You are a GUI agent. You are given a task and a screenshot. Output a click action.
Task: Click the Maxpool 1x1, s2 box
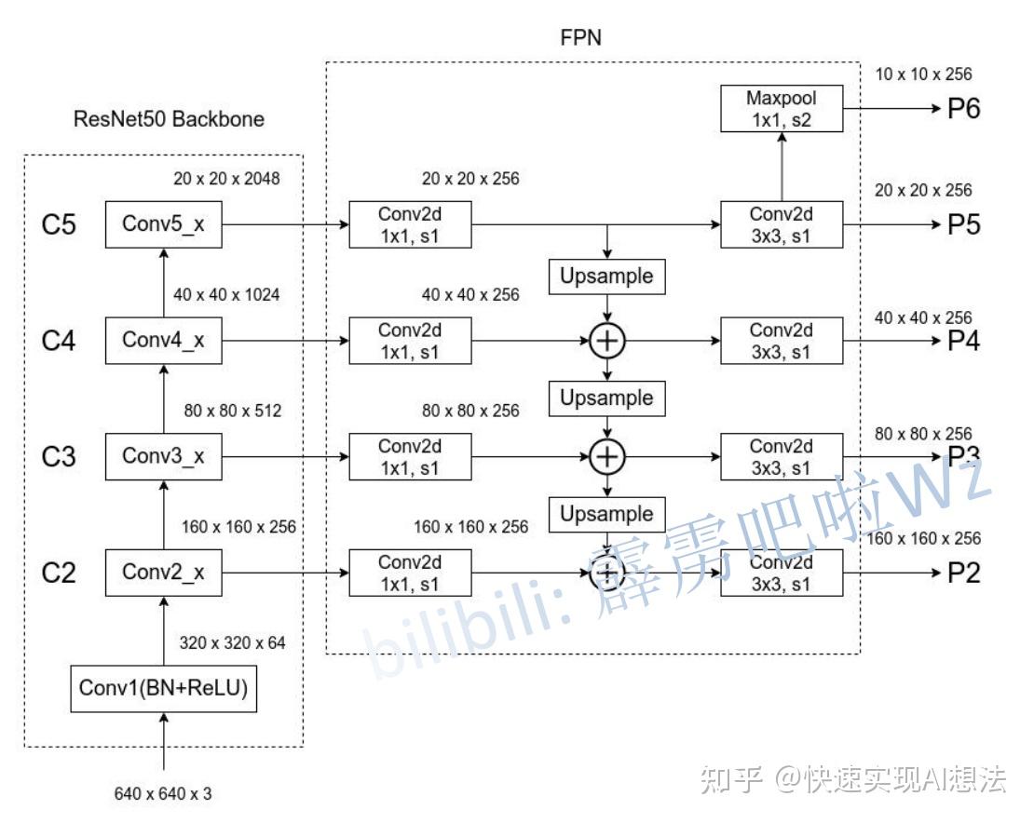click(x=782, y=108)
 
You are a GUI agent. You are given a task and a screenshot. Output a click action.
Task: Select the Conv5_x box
click(x=164, y=224)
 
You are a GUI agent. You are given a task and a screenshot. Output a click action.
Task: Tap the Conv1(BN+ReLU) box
click(x=164, y=689)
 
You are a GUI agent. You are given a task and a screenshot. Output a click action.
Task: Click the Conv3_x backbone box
click(x=164, y=456)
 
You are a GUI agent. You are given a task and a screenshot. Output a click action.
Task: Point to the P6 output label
click(x=963, y=108)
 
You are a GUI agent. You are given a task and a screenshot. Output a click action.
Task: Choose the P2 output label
click(x=963, y=573)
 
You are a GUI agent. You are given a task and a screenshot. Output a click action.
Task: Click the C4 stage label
click(x=59, y=341)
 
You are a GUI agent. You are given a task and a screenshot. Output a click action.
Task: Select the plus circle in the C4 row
click(x=607, y=341)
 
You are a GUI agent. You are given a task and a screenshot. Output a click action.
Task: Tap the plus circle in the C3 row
click(x=607, y=456)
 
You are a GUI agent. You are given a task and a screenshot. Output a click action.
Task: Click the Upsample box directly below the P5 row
click(x=607, y=276)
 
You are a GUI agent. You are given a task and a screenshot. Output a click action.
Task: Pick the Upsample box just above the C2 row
click(x=607, y=514)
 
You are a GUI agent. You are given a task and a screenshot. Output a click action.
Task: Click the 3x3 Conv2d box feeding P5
click(x=782, y=224)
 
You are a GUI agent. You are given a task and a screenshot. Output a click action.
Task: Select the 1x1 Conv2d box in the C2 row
click(x=410, y=573)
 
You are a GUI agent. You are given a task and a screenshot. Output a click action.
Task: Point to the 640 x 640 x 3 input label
click(x=163, y=794)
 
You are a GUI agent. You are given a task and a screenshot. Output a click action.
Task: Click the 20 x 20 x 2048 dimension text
click(x=226, y=178)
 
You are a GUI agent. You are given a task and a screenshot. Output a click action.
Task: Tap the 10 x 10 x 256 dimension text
click(x=923, y=74)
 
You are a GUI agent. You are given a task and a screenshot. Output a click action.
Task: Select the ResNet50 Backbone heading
click(x=169, y=119)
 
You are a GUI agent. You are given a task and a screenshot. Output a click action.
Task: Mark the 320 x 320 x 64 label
click(x=232, y=642)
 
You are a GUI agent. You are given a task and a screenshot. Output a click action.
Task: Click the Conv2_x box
click(x=164, y=573)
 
